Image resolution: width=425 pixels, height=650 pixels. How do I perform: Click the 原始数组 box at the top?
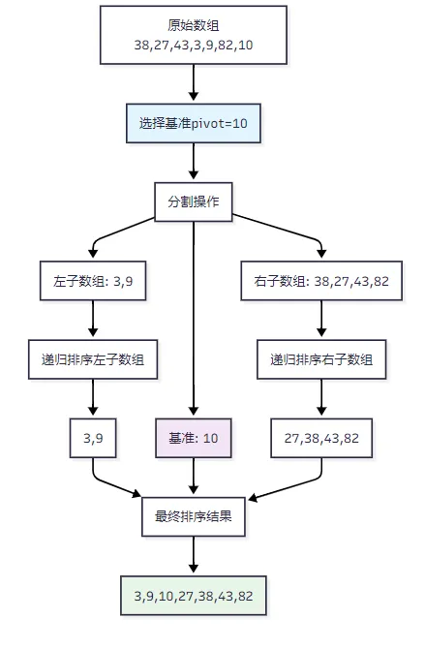click(194, 35)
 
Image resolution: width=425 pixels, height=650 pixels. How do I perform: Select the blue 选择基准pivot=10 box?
click(194, 123)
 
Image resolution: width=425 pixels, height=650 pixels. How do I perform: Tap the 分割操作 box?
click(194, 201)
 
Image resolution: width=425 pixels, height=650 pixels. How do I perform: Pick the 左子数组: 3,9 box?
click(93, 281)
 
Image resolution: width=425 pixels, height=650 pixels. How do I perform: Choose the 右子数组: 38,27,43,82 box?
click(321, 281)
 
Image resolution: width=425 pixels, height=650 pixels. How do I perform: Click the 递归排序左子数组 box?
click(93, 359)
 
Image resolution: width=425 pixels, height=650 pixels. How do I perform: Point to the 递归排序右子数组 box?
click(321, 359)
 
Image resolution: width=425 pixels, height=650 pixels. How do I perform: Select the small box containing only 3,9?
click(93, 438)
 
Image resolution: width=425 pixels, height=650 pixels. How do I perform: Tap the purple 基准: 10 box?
click(194, 438)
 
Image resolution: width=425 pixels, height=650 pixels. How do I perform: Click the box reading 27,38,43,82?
click(321, 438)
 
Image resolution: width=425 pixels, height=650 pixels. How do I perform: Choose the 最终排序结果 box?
click(194, 517)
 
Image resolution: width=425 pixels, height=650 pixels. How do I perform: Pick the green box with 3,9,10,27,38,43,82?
click(194, 596)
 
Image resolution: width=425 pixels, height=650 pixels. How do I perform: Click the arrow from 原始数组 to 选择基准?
click(194, 82)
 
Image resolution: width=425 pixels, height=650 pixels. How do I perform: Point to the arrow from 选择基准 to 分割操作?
click(194, 161)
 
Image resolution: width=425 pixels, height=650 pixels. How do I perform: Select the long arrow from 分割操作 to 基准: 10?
click(194, 319)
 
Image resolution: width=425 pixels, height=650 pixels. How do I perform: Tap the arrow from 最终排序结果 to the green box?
click(194, 555)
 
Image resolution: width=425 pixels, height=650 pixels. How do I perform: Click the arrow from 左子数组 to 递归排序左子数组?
click(93, 319)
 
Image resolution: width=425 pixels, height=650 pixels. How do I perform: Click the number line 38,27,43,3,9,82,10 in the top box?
click(194, 45)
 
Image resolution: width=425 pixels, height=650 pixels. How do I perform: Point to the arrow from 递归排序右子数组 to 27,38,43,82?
click(321, 397)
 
